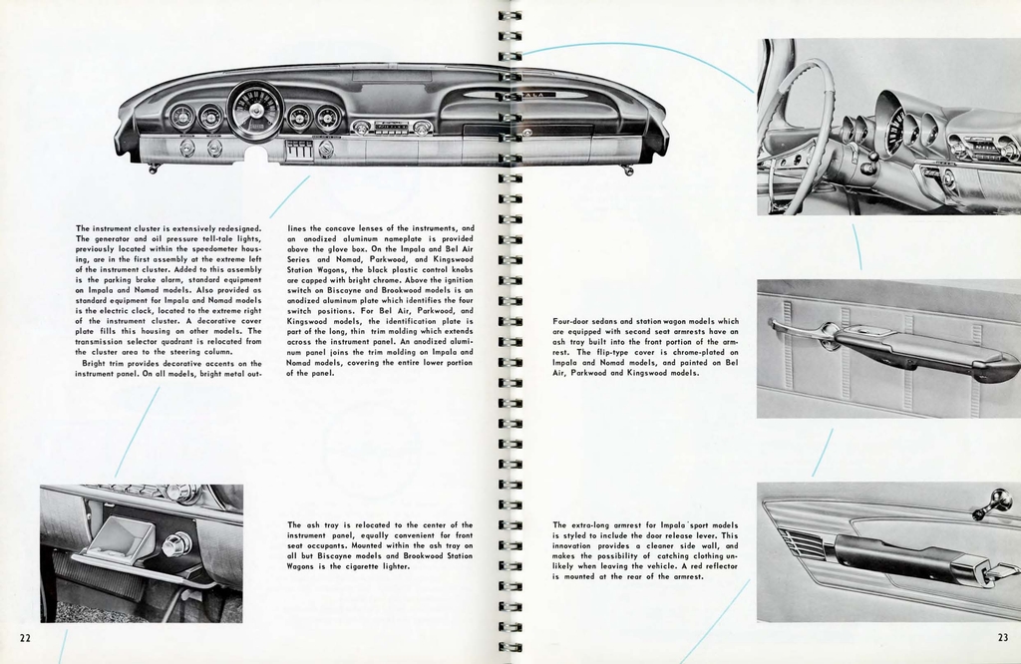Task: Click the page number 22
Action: click(24, 637)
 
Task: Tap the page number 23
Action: click(1002, 638)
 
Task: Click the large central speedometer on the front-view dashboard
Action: click(255, 112)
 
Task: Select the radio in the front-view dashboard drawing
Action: click(392, 127)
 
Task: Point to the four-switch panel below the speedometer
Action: click(298, 150)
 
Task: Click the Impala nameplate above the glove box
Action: click(539, 94)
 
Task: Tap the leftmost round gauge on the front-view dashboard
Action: click(181, 118)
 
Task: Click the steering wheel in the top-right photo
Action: click(798, 130)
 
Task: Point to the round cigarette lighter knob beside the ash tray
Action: click(176, 544)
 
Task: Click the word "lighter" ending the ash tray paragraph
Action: click(391, 566)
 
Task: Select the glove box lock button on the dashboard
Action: click(526, 132)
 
